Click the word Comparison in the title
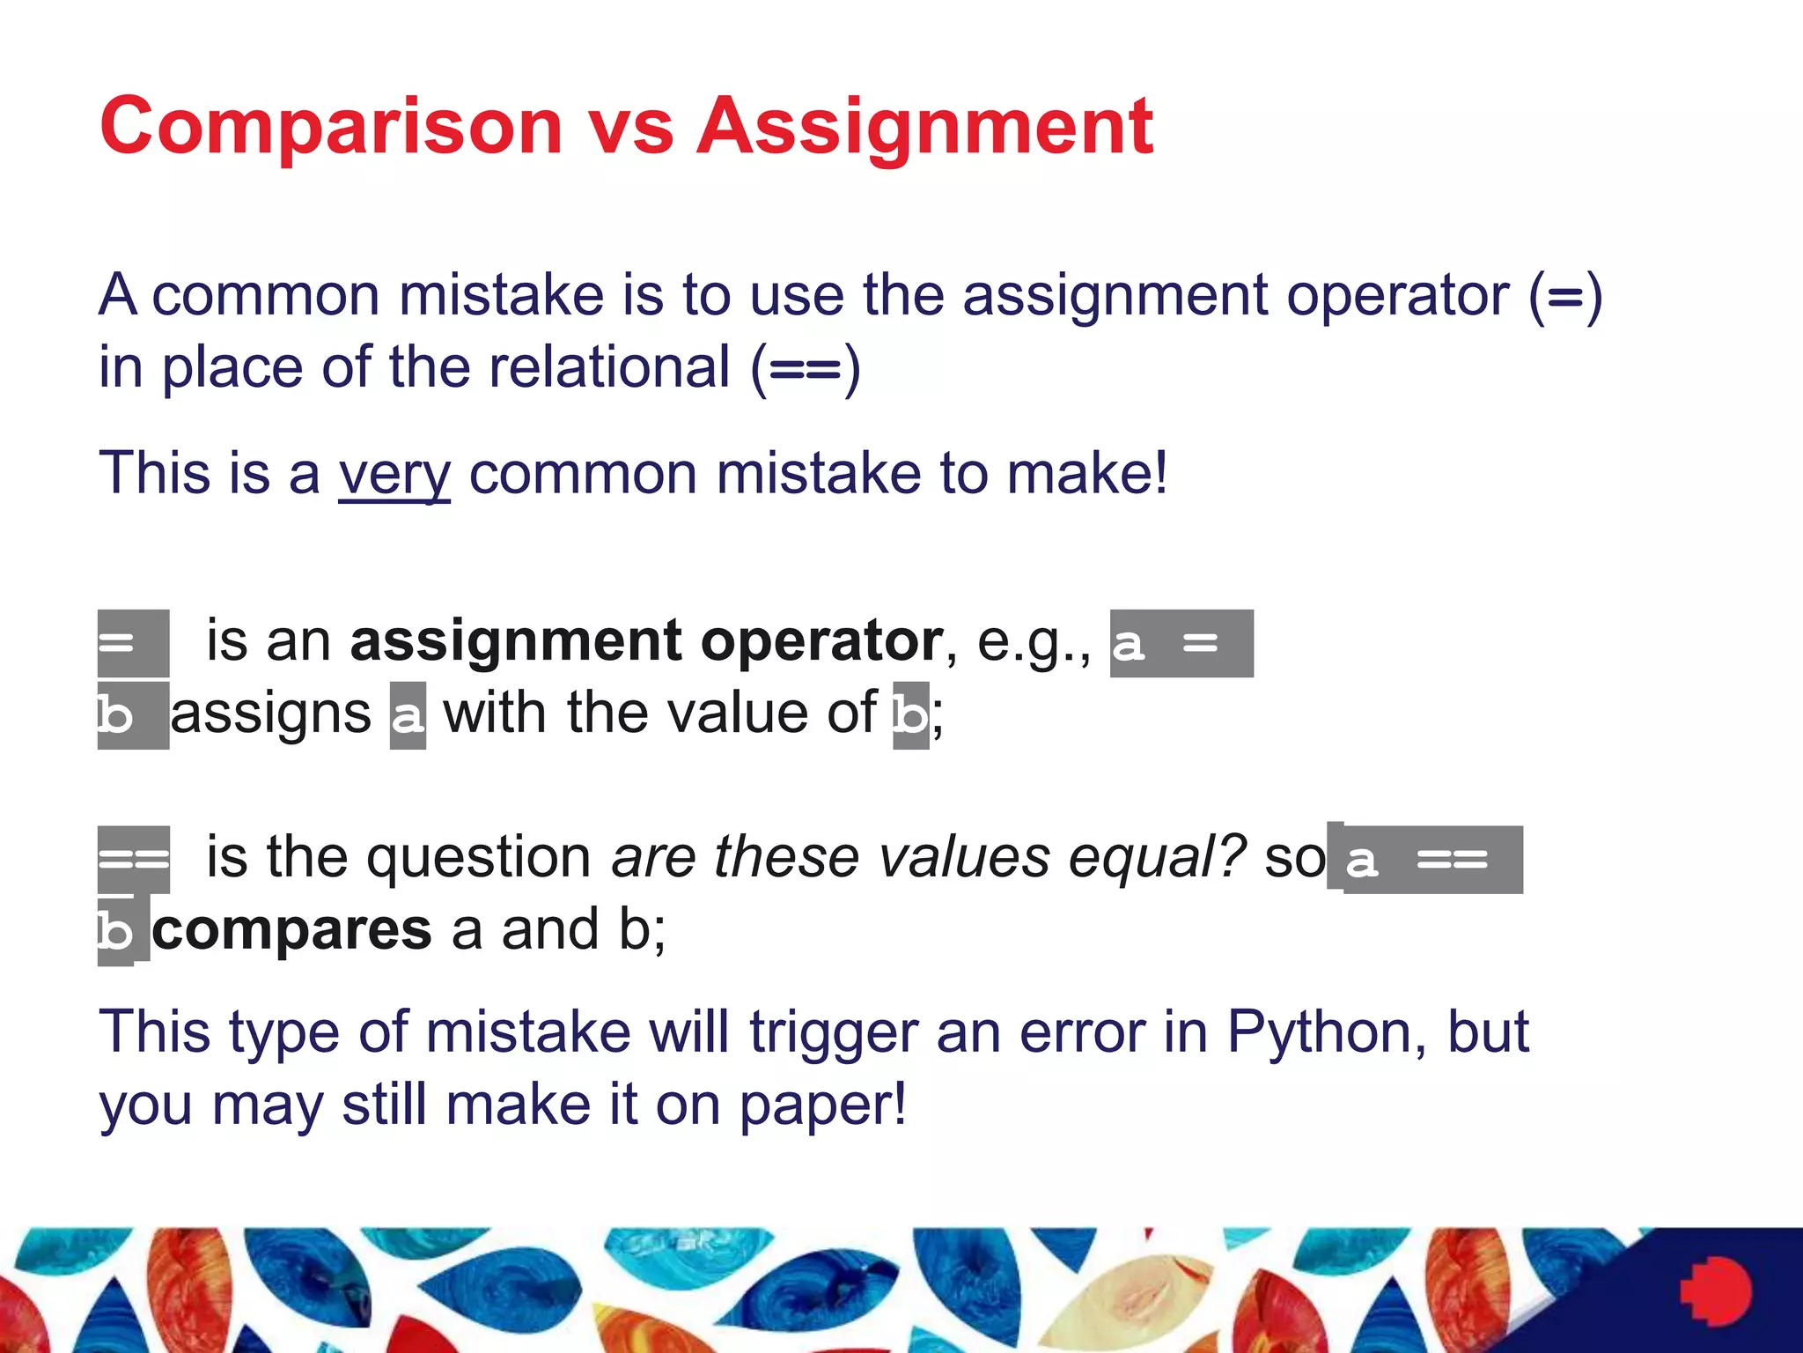point(331,128)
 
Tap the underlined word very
point(394,474)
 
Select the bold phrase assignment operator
point(646,640)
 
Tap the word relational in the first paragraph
point(609,367)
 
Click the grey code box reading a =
point(1181,643)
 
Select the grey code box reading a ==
point(1432,860)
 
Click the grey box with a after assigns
point(408,715)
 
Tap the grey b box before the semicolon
point(910,715)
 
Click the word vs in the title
point(630,128)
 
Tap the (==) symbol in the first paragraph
point(805,368)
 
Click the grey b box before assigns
point(132,715)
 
